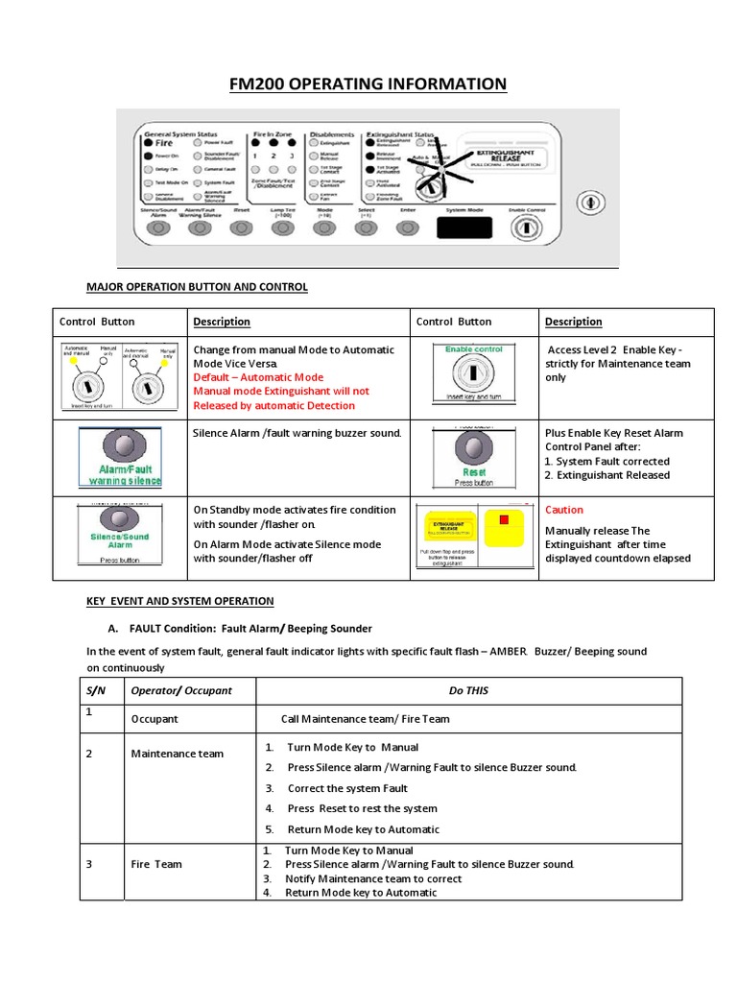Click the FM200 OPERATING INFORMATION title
coord(368,84)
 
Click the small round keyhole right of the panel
coord(587,203)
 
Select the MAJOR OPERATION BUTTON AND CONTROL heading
coord(197,287)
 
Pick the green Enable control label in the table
coord(474,349)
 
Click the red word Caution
coord(563,510)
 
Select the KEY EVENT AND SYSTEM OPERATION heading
coord(179,601)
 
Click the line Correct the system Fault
coord(347,788)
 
